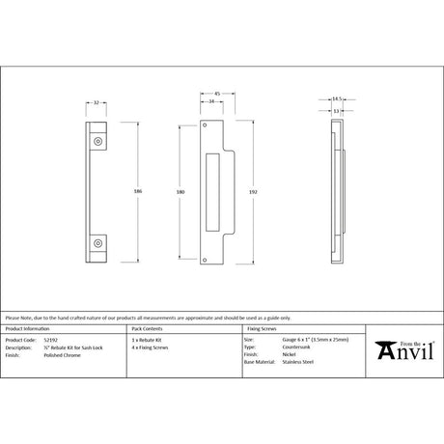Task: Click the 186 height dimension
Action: tap(139, 193)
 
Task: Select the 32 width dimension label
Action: tap(97, 100)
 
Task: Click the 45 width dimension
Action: tap(217, 94)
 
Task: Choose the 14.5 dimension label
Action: tap(336, 97)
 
